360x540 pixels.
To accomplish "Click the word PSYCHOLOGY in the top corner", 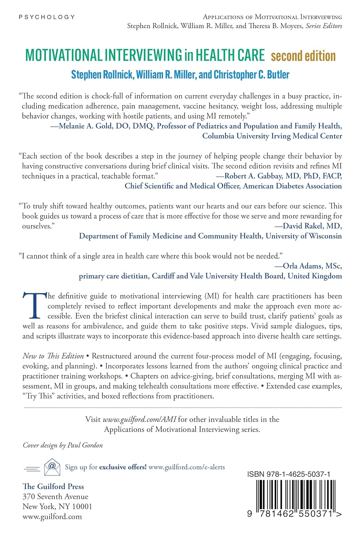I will coord(47,17).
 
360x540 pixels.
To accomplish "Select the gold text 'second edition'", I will coord(303,56).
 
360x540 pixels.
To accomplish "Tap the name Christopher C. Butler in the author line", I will coord(252,75).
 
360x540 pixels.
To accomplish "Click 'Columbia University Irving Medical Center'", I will coord(272,136).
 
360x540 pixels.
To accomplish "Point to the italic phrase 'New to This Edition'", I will coord(53,356).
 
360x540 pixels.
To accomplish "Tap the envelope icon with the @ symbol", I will coord(52,467).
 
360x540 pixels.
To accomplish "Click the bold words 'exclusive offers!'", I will coord(123,467).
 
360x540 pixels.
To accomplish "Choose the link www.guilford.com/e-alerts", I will coord(186,467).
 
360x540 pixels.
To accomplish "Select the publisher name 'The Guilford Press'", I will coord(53,487).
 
